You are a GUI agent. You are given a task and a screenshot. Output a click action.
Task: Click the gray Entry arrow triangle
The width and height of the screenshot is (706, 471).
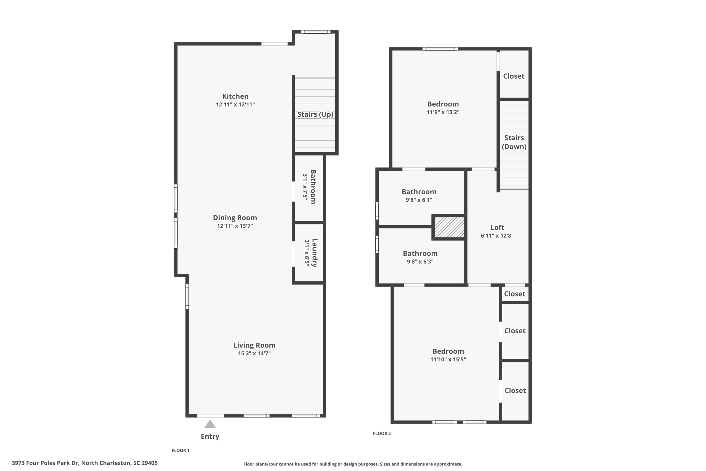click(x=210, y=424)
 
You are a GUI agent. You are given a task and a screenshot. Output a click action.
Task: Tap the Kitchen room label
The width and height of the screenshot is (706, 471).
click(x=235, y=96)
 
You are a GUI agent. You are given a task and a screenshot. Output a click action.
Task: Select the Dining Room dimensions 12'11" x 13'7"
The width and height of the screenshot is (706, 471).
click(x=235, y=226)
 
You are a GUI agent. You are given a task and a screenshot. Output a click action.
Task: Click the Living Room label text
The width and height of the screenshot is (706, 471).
click(x=254, y=345)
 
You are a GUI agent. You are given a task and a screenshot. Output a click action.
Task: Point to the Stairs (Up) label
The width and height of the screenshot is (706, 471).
click(x=315, y=115)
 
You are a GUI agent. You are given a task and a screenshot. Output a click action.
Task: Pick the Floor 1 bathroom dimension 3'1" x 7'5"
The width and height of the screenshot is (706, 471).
click(x=306, y=187)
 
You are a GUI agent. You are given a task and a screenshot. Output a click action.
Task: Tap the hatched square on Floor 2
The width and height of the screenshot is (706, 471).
click(x=449, y=227)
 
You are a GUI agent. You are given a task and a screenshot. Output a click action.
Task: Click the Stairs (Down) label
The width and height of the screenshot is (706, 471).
click(x=514, y=142)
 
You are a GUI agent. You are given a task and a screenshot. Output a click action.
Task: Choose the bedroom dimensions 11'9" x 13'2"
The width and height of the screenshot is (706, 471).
click(x=443, y=112)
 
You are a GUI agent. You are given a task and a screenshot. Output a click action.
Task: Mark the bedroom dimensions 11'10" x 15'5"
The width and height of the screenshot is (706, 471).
click(x=448, y=359)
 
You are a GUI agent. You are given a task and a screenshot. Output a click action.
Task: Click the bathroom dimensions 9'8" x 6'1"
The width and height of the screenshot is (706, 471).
click(x=419, y=200)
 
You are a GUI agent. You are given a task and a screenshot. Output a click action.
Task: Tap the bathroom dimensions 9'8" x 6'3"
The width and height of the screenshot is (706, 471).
click(x=420, y=261)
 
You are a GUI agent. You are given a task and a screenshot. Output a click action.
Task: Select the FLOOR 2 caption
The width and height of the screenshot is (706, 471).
click(x=382, y=433)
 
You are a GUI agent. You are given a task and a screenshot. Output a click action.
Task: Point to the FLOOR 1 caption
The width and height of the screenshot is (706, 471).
click(x=180, y=450)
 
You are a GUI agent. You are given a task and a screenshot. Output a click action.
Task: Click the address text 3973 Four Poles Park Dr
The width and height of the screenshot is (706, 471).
click(x=45, y=463)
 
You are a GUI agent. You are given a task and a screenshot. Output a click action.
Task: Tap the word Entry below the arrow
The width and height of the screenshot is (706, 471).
click(x=210, y=437)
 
